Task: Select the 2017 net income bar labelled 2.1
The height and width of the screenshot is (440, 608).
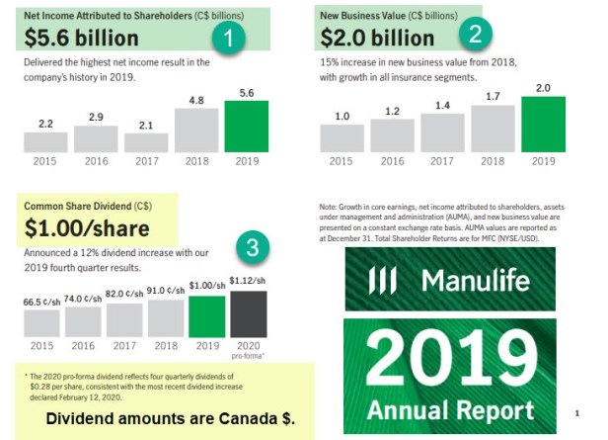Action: pyautogui.click(x=145, y=141)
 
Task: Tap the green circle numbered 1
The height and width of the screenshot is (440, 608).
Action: pyautogui.click(x=228, y=40)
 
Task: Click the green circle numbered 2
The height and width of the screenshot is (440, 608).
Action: pyautogui.click(x=475, y=34)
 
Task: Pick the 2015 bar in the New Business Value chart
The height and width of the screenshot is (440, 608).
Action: pyautogui.click(x=342, y=137)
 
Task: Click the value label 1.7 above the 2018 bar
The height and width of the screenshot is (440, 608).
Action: pyautogui.click(x=493, y=96)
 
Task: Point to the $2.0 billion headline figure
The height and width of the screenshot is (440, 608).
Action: pyautogui.click(x=377, y=38)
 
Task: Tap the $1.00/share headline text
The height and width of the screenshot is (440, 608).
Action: pyautogui.click(x=87, y=229)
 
